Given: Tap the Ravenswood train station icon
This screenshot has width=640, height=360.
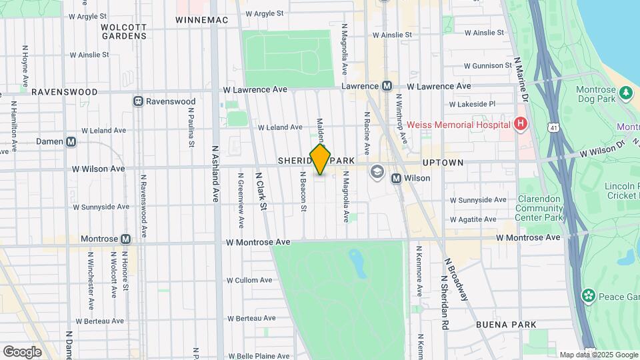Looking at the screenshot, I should [x=138, y=101].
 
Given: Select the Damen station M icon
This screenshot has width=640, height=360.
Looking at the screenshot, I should [x=71, y=141].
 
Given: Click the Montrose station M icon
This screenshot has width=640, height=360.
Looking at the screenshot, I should [x=125, y=239].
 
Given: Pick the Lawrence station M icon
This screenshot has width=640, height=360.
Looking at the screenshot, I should [x=387, y=86].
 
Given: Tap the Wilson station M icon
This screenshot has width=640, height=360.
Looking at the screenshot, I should [x=396, y=179].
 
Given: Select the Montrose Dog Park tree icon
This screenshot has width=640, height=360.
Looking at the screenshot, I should [x=625, y=93].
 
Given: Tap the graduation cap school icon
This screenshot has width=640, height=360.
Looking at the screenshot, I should [x=378, y=172].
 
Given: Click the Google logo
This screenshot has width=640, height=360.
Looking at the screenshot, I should [x=22, y=351].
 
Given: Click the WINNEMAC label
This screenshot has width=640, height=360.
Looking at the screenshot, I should [x=201, y=20].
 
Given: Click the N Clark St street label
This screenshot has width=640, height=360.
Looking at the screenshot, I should [x=262, y=191].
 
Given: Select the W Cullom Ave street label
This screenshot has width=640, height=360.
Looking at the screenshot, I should [x=249, y=280].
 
